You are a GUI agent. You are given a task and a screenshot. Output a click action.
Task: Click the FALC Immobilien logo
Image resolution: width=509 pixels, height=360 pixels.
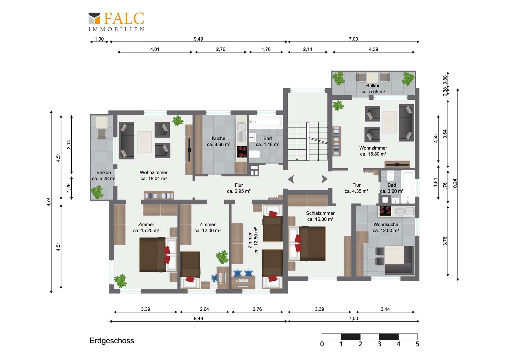click(x=116, y=22)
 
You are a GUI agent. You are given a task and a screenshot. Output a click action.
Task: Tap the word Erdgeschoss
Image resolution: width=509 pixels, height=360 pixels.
click(x=112, y=341)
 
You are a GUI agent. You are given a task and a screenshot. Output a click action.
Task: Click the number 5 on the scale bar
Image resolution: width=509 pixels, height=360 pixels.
click(x=417, y=344)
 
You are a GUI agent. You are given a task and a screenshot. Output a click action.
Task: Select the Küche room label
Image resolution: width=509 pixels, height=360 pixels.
click(x=219, y=138)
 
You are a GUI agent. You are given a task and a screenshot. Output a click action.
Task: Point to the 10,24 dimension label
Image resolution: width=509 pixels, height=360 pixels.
click(x=455, y=184)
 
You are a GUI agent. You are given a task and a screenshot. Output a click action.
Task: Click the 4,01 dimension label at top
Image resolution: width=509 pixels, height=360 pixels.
click(x=155, y=49)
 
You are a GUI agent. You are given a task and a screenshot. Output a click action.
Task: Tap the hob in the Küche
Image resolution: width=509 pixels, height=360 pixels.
click(x=242, y=152)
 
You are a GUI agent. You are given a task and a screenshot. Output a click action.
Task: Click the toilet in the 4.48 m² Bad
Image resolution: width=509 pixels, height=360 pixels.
click(x=255, y=154)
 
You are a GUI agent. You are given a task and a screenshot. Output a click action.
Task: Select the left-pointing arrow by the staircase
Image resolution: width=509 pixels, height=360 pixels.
click(x=291, y=179)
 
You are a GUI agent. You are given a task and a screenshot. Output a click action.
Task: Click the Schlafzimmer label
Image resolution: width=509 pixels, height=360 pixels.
click(x=320, y=213)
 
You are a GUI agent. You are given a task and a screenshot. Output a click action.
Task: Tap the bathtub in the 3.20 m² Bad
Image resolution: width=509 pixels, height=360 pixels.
click(x=408, y=187)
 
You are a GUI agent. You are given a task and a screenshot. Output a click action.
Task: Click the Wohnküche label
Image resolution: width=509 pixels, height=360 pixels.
click(x=386, y=224)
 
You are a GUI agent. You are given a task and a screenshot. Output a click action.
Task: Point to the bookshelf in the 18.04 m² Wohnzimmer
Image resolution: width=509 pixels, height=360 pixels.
click(x=159, y=195)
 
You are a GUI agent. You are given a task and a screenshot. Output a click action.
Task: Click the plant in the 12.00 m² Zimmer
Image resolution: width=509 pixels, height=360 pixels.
click(x=222, y=257)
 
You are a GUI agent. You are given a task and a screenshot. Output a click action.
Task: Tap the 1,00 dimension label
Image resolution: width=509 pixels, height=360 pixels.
click(x=99, y=39)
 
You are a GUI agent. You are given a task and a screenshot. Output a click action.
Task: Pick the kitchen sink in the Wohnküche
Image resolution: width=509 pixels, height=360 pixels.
click(x=405, y=211)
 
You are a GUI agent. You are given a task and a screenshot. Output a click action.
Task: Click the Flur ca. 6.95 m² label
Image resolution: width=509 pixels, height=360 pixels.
click(x=239, y=188)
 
